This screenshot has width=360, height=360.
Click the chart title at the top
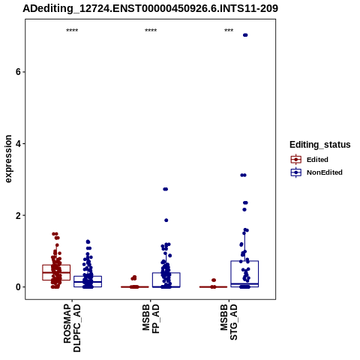tap(150, 9)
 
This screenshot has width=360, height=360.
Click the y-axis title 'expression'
tap(8, 159)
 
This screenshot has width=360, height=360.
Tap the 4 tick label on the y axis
tap(18, 144)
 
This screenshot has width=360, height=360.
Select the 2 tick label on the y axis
tap(18, 215)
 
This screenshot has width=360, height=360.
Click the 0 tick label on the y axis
tap(18, 287)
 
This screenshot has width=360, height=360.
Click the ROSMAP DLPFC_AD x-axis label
tap(72, 328)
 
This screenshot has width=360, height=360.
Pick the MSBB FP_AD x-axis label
tap(151, 319)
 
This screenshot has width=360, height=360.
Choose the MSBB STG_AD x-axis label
tap(229, 322)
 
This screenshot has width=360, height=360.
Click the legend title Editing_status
tap(320, 145)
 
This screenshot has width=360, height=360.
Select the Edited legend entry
tap(310, 160)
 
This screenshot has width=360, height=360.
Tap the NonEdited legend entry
tap(316, 172)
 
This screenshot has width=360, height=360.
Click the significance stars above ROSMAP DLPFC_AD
tap(72, 31)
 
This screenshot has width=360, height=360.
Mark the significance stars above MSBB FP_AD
tap(151, 31)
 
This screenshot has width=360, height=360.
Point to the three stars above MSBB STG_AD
tap(229, 31)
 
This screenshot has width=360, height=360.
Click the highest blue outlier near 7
tap(245, 35)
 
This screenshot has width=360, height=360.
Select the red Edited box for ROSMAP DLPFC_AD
tap(56, 265)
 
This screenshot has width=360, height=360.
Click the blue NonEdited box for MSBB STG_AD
tap(244, 261)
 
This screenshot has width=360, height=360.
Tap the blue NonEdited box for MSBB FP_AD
tap(166, 273)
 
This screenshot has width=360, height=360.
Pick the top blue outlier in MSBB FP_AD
tap(166, 189)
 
